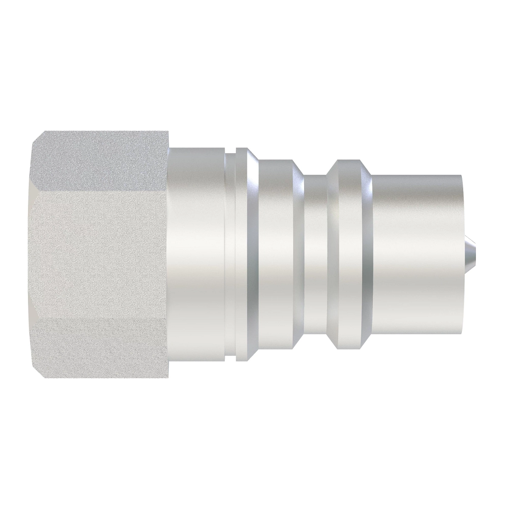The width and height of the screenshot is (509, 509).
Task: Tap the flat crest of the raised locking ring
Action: click(348, 255)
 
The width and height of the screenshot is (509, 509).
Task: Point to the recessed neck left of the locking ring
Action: click(316, 255)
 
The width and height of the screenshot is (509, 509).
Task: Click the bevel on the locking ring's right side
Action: click(365, 255)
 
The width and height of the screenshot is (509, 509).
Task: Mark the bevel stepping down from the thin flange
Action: click(254, 255)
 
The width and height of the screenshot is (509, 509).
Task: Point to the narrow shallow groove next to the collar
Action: click(231, 255)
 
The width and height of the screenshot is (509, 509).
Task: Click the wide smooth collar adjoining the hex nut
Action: click(197, 255)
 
